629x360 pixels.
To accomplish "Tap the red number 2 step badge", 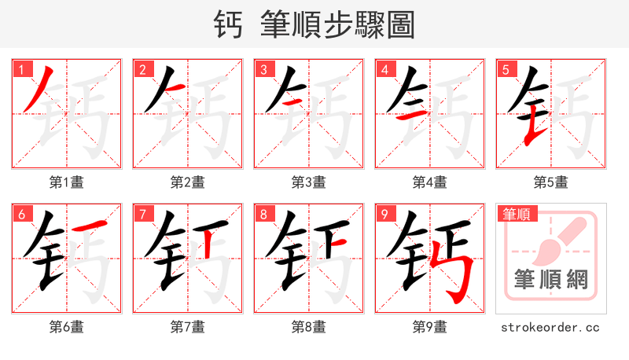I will [142, 69].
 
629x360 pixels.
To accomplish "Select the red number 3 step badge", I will [263, 69].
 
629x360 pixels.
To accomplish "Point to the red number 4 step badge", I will [384, 69].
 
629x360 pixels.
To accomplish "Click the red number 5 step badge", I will [506, 69].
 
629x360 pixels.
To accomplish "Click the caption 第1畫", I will [67, 182].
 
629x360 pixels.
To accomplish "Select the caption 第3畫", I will [309, 182].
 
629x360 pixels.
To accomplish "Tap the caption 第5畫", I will [551, 182].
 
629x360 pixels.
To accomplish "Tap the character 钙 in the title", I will [230, 24].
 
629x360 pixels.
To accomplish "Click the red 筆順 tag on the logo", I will [516, 213].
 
